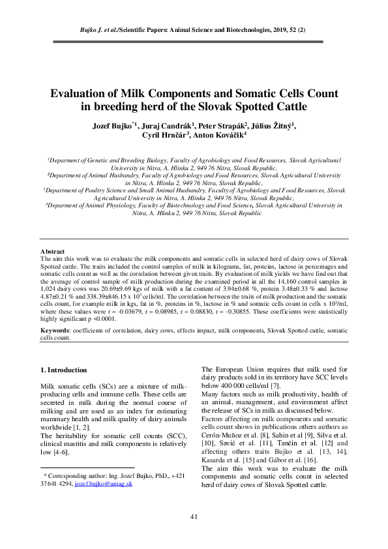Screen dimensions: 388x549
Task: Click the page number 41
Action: [194, 517]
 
